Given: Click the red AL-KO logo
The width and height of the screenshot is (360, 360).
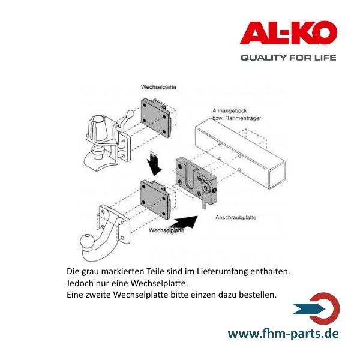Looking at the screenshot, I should click(288, 32).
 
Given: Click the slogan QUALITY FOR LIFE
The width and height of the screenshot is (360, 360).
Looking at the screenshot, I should click(288, 58).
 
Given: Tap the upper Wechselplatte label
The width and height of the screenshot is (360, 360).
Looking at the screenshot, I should click(158, 88).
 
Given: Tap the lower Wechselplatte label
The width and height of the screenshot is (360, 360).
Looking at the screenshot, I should click(166, 230).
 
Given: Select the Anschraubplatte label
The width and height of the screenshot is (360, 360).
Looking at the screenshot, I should click(236, 218).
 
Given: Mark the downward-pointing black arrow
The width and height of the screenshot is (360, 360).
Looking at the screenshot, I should click(155, 162).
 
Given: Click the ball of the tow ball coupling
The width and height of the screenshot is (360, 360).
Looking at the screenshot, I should click(87, 243).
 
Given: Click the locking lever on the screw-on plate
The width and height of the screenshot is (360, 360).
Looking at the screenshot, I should click(205, 197).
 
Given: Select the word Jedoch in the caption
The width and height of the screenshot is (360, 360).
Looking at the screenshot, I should click(79, 283).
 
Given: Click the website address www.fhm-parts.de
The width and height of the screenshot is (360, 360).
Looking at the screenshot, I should click(284, 333).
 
